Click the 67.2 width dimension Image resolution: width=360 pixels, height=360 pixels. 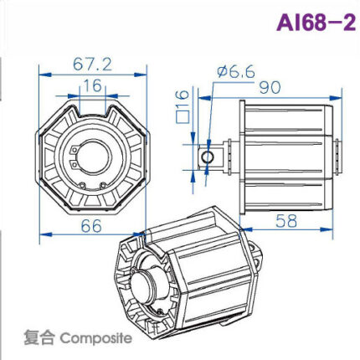point(94,64)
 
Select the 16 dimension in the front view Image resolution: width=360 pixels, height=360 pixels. point(93,85)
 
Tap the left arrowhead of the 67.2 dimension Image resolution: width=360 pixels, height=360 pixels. point(39,73)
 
